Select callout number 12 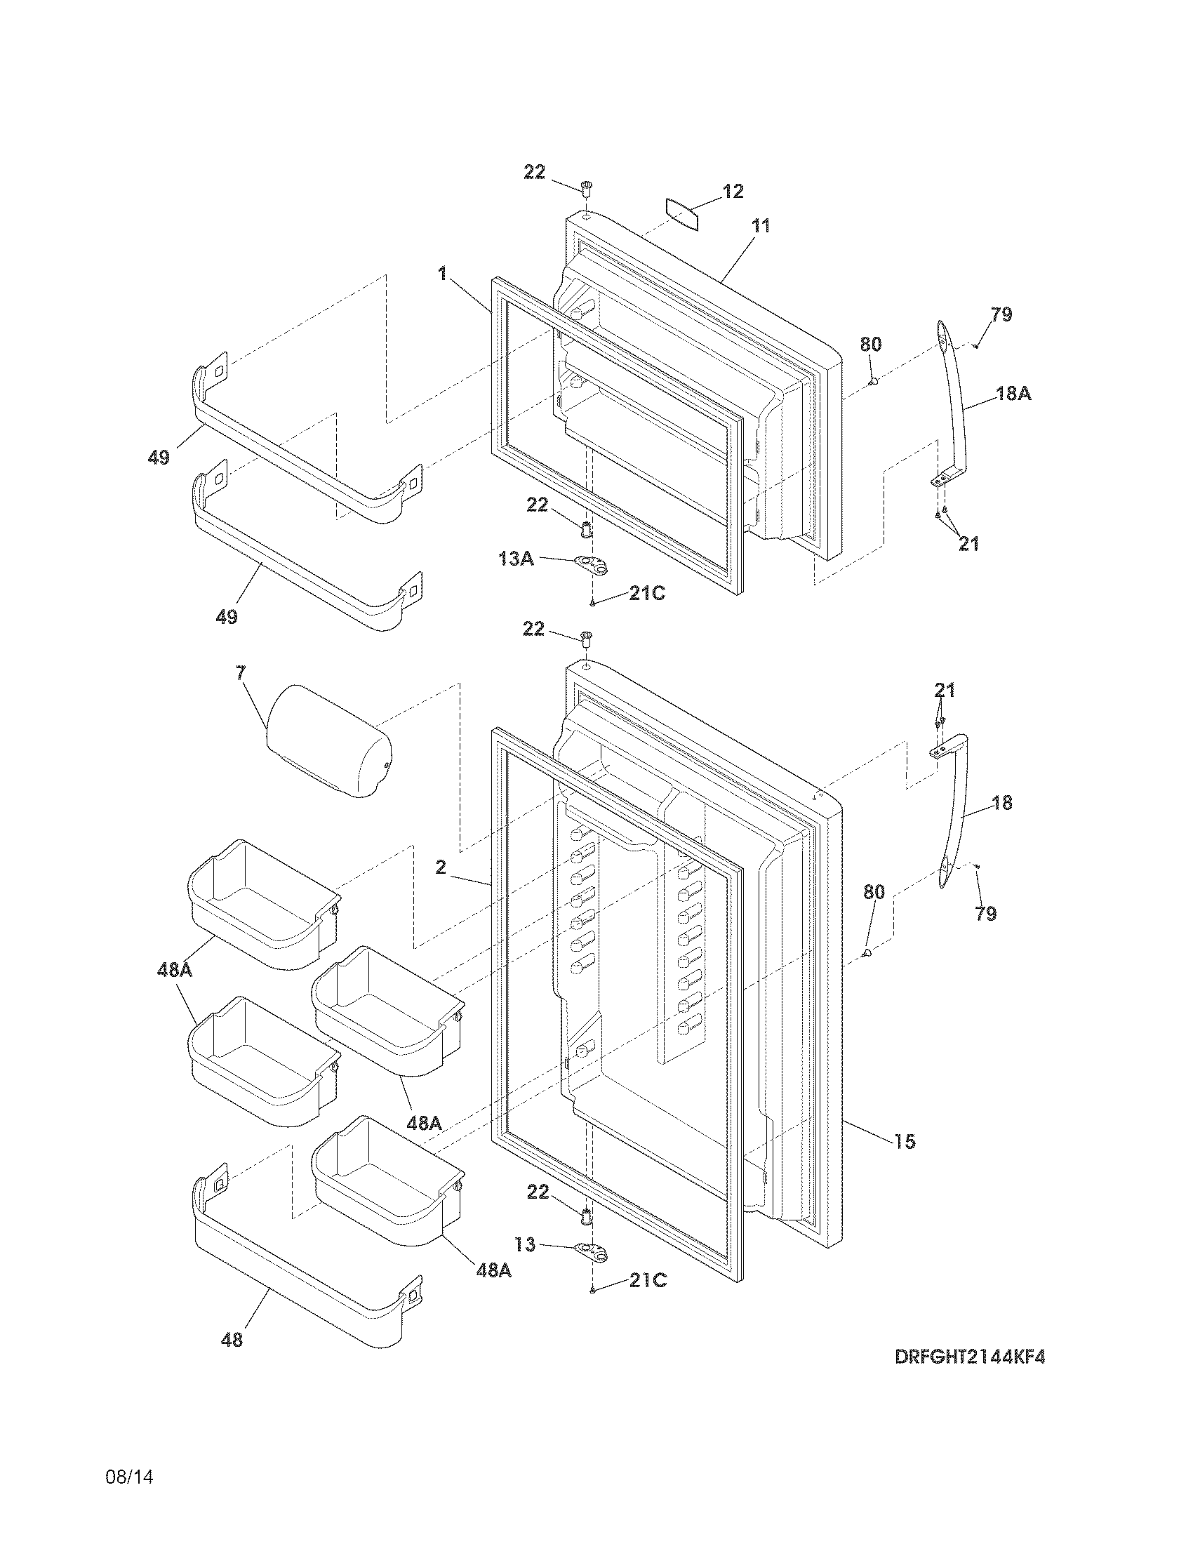coord(733,191)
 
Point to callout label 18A coord(1013,394)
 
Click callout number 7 coord(241,672)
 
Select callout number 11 coord(761,226)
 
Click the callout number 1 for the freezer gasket coord(442,274)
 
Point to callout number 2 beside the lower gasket coord(440,867)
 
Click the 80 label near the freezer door coord(871,345)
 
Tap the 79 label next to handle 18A coord(1001,314)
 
